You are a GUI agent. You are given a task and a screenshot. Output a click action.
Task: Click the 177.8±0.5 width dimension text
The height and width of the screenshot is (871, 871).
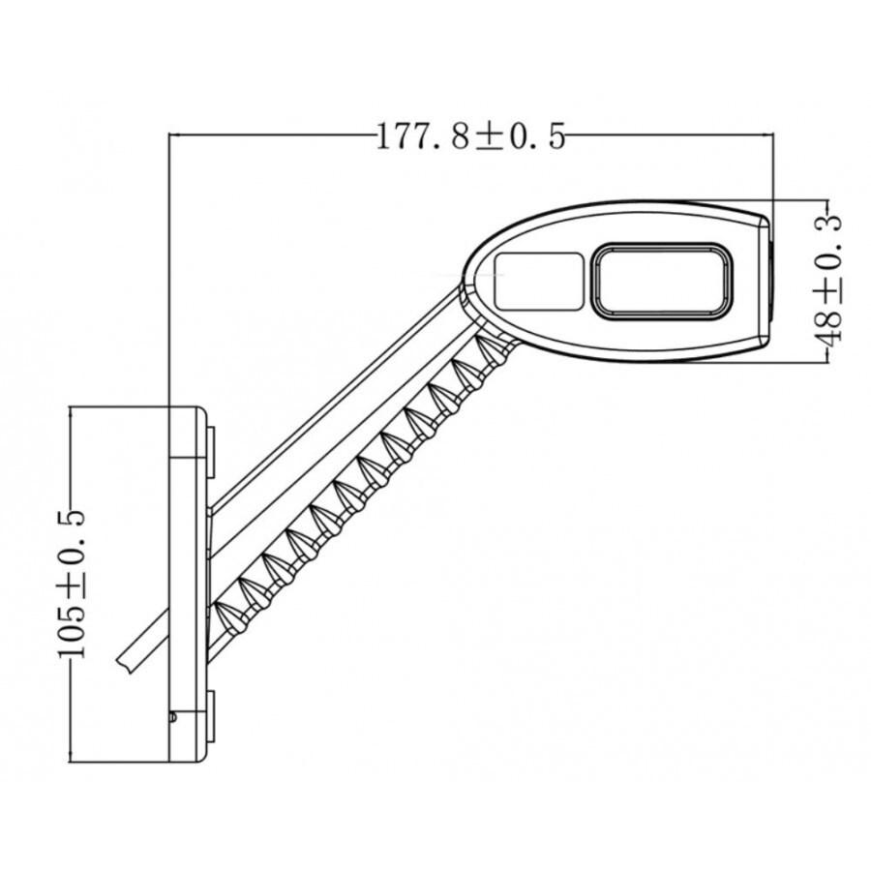pyautogui.click(x=470, y=137)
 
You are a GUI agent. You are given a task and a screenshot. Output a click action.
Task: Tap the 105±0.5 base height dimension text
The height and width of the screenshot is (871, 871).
pyautogui.click(x=74, y=585)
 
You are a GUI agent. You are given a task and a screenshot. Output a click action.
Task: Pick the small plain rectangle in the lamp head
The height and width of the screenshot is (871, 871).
pyautogui.click(x=539, y=282)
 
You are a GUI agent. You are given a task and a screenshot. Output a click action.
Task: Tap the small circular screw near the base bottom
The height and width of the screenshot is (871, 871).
pyautogui.click(x=172, y=717)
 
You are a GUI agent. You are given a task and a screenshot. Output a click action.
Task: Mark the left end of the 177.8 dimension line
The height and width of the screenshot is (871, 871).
pyautogui.click(x=170, y=135)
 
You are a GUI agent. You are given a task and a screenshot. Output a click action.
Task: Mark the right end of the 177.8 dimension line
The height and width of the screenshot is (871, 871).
pyautogui.click(x=773, y=135)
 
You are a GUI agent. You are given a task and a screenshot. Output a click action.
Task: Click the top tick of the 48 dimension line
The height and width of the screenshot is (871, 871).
pyautogui.click(x=827, y=199)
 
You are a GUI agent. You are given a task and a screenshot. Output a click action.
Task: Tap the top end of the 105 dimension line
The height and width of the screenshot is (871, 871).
pyautogui.click(x=74, y=407)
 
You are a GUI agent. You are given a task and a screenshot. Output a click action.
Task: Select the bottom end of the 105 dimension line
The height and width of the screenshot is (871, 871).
pyautogui.click(x=74, y=762)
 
